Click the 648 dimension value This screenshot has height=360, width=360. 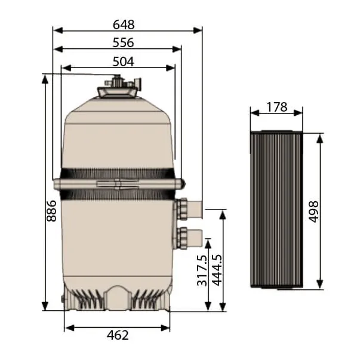[x=124, y=24]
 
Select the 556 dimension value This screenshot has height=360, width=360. [x=123, y=42]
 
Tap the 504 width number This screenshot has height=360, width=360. [x=123, y=61]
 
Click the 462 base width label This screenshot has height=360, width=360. [x=118, y=335]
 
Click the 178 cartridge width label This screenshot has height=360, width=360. [x=276, y=107]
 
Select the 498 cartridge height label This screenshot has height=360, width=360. [x=313, y=212]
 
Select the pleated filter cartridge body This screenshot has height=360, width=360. [x=276, y=209]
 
